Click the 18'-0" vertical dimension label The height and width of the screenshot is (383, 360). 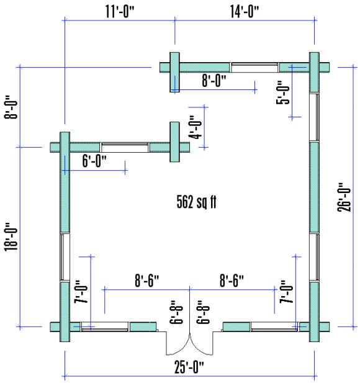click(x=11, y=237)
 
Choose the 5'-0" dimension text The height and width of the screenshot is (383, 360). click(x=284, y=93)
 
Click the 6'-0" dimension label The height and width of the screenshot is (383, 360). click(x=94, y=160)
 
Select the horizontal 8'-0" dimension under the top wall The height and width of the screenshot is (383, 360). click(x=215, y=81)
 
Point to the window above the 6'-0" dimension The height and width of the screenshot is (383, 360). click(x=125, y=147)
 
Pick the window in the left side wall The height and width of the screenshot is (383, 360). click(x=64, y=257)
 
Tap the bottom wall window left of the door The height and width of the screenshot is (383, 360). click(x=104, y=326)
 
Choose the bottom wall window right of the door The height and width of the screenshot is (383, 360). click(x=274, y=326)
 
